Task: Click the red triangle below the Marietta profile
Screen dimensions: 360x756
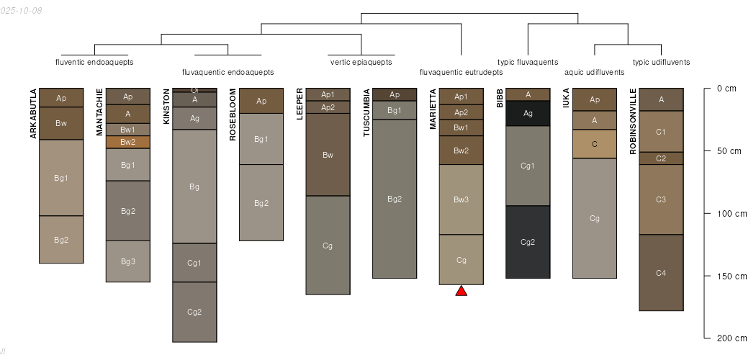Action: point(462,291)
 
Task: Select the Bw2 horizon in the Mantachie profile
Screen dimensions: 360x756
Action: point(128,142)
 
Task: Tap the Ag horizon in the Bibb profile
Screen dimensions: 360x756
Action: point(528,113)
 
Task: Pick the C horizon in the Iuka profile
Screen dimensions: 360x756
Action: point(595,144)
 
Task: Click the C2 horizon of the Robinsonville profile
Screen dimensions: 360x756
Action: point(661,158)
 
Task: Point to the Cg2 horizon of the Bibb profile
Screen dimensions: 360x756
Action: point(528,242)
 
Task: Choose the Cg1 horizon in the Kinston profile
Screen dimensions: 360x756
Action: point(194,263)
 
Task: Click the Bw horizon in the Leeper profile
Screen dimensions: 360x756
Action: point(328,155)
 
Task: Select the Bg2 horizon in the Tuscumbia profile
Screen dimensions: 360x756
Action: point(395,199)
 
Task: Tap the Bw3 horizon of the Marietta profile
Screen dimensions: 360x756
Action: point(462,199)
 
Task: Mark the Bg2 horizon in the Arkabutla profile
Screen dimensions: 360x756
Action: point(61,240)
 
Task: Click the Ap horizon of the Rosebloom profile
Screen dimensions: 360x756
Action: point(261,101)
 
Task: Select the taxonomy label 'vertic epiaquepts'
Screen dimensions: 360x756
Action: point(361,62)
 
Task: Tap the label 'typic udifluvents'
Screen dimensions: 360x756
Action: point(661,62)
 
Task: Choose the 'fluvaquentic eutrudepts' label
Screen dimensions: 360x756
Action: point(462,72)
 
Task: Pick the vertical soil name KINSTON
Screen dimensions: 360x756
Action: point(166,107)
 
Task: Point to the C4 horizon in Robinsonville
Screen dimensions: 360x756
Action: point(661,273)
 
